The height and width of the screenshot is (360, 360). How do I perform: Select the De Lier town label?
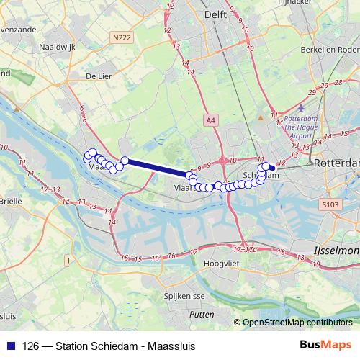pyautogui.click(x=99, y=75)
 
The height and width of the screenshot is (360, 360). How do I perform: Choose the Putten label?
pyautogui.click(x=202, y=315)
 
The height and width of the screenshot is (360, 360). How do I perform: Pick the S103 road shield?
pyautogui.click(x=330, y=205)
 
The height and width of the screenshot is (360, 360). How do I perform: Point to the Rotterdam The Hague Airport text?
pyautogui.click(x=301, y=127)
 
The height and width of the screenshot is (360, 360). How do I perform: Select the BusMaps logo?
pyautogui.click(x=328, y=346)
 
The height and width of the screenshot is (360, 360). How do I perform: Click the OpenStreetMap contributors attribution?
pyautogui.click(x=298, y=322)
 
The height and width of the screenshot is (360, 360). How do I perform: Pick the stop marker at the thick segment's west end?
pyautogui.click(x=125, y=161)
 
